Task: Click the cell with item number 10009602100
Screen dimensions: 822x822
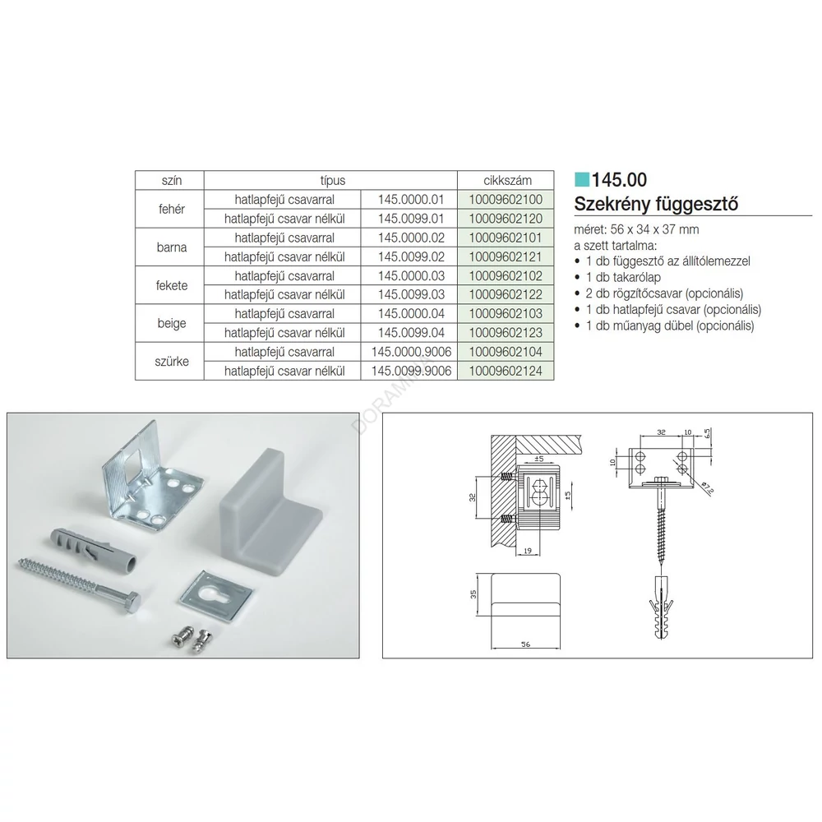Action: pyautogui.click(x=506, y=200)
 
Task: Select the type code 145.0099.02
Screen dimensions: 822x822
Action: pyautogui.click(x=411, y=256)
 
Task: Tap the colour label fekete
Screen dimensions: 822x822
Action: pyautogui.click(x=172, y=286)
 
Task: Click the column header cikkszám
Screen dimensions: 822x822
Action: pyautogui.click(x=507, y=180)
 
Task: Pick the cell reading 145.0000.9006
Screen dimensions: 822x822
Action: pyautogui.click(x=411, y=352)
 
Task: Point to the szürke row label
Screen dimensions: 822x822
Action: pyautogui.click(x=172, y=361)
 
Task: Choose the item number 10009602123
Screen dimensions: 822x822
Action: pyautogui.click(x=506, y=333)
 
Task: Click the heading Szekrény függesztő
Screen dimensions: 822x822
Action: pyautogui.click(x=656, y=203)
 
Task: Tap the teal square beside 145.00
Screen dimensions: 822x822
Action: pyautogui.click(x=582, y=179)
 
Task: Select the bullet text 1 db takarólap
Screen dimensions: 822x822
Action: pyautogui.click(x=623, y=277)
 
